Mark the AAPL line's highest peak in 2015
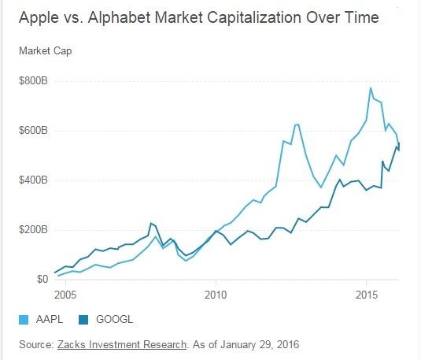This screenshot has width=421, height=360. pyautogui.click(x=371, y=87)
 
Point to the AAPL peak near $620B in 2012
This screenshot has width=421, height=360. pyautogui.click(x=297, y=124)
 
